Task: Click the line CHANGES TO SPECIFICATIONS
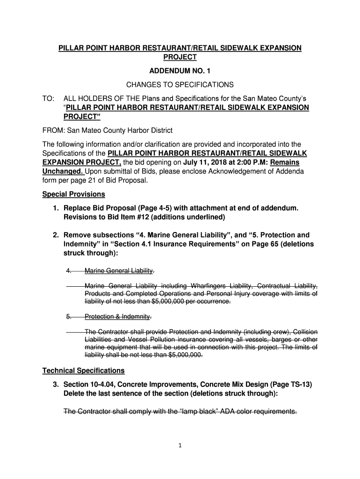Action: pyautogui.click(x=180, y=85)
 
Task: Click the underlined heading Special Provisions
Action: pyautogui.click(x=74, y=194)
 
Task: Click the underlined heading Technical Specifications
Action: pyautogui.click(x=83, y=370)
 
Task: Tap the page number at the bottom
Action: pyautogui.click(x=180, y=445)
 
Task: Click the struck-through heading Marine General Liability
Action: pyautogui.click(x=119, y=271)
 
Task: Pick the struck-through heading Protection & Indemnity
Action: pyautogui.click(x=117, y=317)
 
